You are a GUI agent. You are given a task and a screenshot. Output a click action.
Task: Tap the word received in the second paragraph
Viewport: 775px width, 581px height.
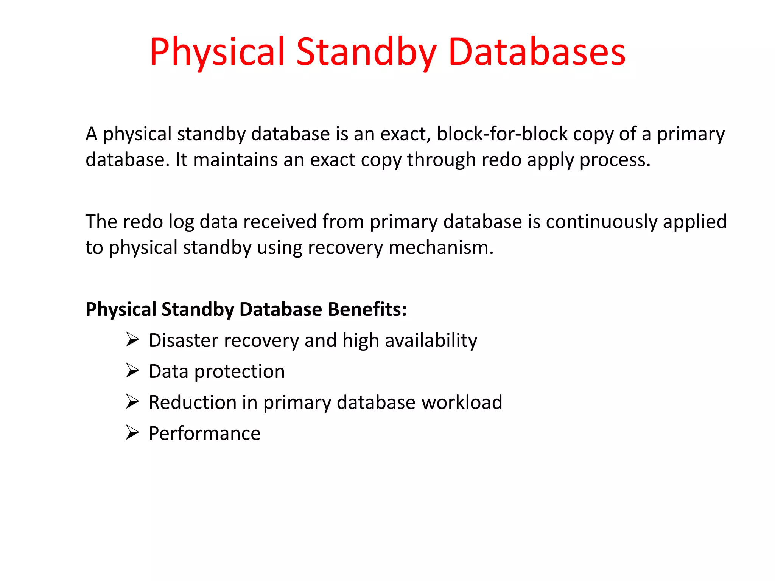coord(280,222)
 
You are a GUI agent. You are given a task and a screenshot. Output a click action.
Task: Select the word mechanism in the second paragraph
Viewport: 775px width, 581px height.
coord(440,248)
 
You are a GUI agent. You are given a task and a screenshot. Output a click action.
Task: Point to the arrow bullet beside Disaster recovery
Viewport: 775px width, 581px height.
coord(132,339)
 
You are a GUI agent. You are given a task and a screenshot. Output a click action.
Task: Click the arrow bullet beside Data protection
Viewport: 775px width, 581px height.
coord(132,370)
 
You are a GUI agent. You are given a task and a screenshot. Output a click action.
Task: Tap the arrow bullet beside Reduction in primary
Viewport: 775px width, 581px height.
coord(132,401)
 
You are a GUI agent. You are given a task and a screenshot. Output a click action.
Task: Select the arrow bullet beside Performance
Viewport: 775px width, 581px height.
coord(132,432)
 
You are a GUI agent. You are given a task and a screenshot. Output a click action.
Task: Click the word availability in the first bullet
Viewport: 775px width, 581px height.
coord(431,340)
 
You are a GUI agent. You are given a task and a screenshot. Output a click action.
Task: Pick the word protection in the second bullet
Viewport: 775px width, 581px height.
coord(239,372)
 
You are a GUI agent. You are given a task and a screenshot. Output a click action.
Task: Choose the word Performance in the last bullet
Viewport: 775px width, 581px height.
coord(204,433)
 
